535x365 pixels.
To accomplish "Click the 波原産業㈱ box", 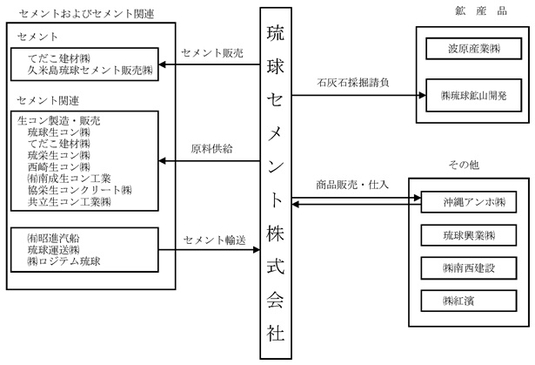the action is (x=473, y=49).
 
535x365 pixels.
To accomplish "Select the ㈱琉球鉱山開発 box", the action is (x=473, y=95).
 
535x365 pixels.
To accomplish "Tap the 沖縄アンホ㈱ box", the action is (x=469, y=202).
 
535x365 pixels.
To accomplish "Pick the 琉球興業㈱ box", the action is (x=469, y=235).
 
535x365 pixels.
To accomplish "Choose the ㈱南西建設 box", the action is (x=469, y=268).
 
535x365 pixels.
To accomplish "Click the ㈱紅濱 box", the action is (x=469, y=301).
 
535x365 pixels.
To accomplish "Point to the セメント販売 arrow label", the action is (x=212, y=53).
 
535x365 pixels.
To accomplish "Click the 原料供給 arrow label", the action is (x=211, y=149).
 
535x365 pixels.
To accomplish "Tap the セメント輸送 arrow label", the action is (x=214, y=240).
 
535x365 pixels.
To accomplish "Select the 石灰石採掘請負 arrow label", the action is (x=353, y=83).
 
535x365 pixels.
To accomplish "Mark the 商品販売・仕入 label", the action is (x=352, y=185).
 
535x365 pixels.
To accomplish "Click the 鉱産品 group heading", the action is (x=481, y=11).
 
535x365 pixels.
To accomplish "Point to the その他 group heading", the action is (x=464, y=165).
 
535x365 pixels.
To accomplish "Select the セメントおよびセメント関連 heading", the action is (x=87, y=14).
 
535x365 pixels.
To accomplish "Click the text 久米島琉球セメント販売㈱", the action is (x=90, y=70).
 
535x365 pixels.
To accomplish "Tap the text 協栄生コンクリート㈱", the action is (x=79, y=190).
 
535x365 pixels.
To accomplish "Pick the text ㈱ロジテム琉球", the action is (x=64, y=261).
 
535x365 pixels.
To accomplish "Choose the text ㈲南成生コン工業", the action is (x=70, y=179).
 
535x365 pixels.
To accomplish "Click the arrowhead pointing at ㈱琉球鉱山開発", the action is (x=423, y=95).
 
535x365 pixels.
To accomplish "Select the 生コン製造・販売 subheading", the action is (x=58, y=120).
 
